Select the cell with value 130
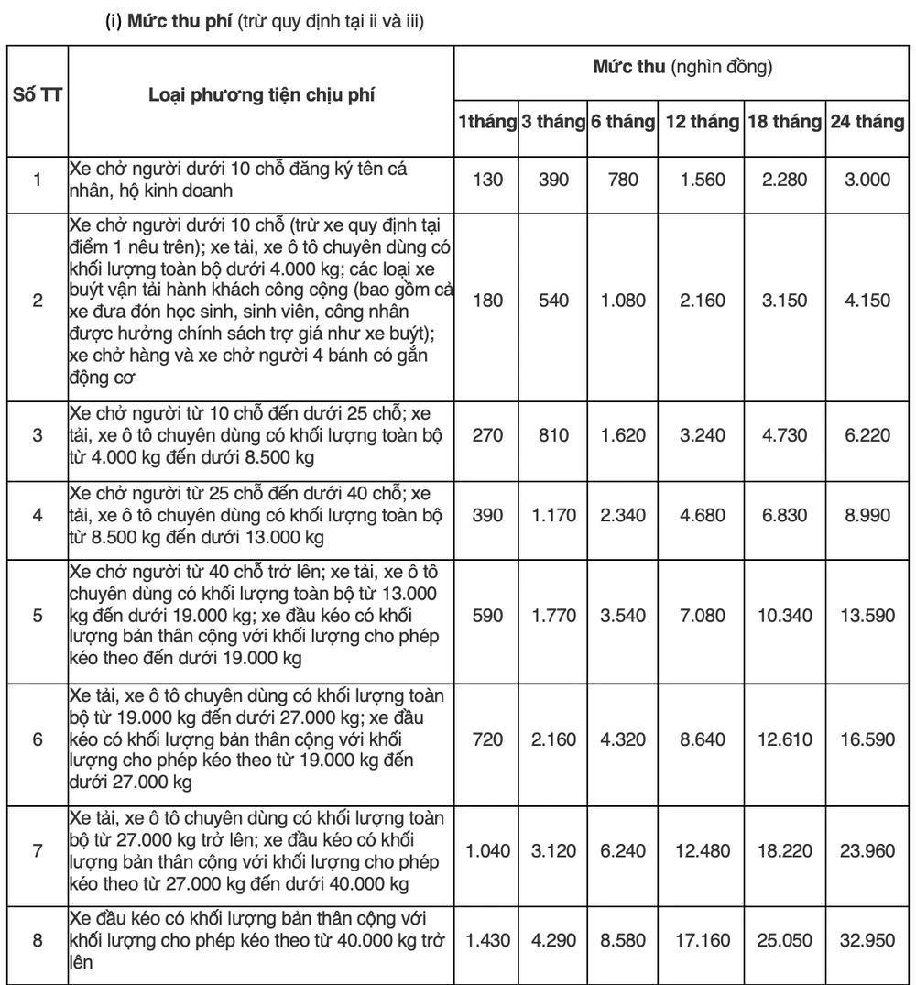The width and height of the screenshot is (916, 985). click(488, 181)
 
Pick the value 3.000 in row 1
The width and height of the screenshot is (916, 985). click(867, 181)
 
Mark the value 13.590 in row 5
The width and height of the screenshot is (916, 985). click(867, 615)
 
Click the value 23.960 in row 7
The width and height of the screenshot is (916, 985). click(867, 851)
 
